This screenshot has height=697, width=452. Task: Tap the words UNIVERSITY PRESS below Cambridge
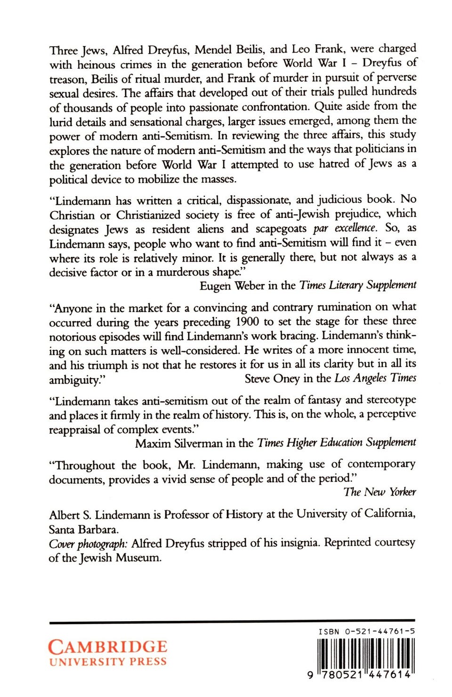click(107, 662)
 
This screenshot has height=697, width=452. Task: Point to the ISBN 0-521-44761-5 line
click(366, 631)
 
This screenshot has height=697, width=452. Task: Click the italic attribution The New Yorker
click(379, 492)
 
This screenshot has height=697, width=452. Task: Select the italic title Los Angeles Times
click(375, 378)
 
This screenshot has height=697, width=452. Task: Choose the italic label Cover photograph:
click(88, 543)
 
